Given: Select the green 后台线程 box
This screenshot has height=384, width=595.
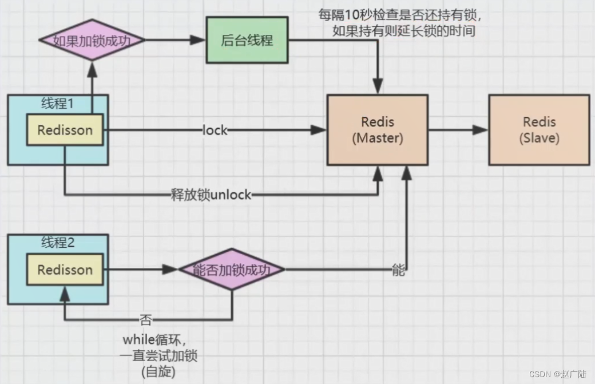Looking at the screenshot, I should click(x=247, y=41).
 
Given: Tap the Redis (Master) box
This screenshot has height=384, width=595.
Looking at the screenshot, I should click(x=377, y=130).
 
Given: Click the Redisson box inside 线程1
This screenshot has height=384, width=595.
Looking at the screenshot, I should click(x=65, y=130).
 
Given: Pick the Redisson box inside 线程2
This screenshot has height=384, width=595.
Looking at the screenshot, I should click(x=65, y=270).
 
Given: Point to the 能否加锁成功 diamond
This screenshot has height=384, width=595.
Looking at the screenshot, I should click(x=231, y=270).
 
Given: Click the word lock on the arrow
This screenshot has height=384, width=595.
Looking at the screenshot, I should click(x=215, y=131).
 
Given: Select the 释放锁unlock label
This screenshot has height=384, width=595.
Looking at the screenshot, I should click(x=211, y=194).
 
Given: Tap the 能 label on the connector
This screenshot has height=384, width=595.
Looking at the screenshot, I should click(x=399, y=270).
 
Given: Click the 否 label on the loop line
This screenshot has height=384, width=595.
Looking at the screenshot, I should click(x=146, y=319).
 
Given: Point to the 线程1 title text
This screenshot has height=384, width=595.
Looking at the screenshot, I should click(x=58, y=103).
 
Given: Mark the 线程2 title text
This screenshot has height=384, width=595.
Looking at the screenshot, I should click(x=58, y=242).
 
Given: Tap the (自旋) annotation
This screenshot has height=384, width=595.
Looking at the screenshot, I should click(x=157, y=371).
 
